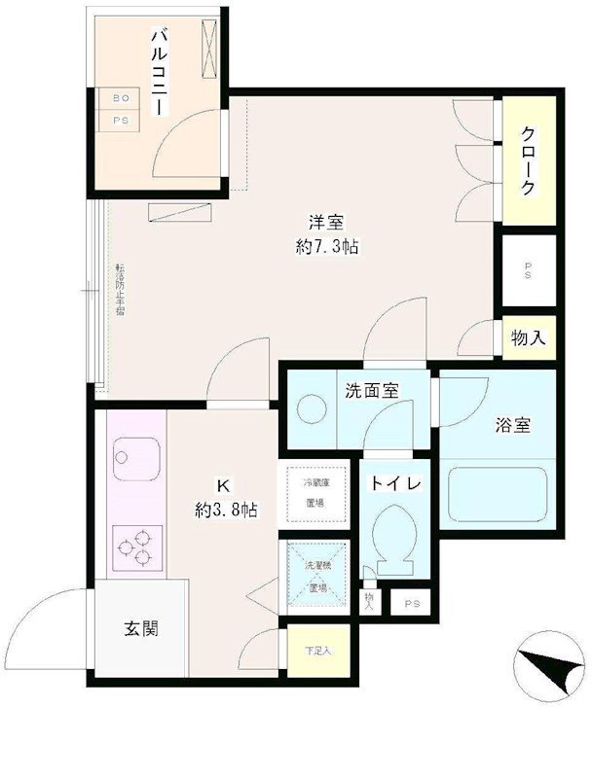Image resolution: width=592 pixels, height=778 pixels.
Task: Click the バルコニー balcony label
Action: pos(156,74)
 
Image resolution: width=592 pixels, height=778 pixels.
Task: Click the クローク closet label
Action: pos(527,159)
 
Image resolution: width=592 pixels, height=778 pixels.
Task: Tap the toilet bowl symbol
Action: pos(398,542)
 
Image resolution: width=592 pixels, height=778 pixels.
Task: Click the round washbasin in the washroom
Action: pos(314,410)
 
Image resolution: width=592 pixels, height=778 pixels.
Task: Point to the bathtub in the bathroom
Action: pos(497,496)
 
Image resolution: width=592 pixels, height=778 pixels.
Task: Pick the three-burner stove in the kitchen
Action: pos(137,547)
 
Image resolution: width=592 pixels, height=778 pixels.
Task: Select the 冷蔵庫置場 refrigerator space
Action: pos(314,493)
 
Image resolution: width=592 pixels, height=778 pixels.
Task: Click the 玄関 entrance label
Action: pos(140,628)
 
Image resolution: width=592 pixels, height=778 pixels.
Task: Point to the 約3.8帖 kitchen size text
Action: pos(226,509)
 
